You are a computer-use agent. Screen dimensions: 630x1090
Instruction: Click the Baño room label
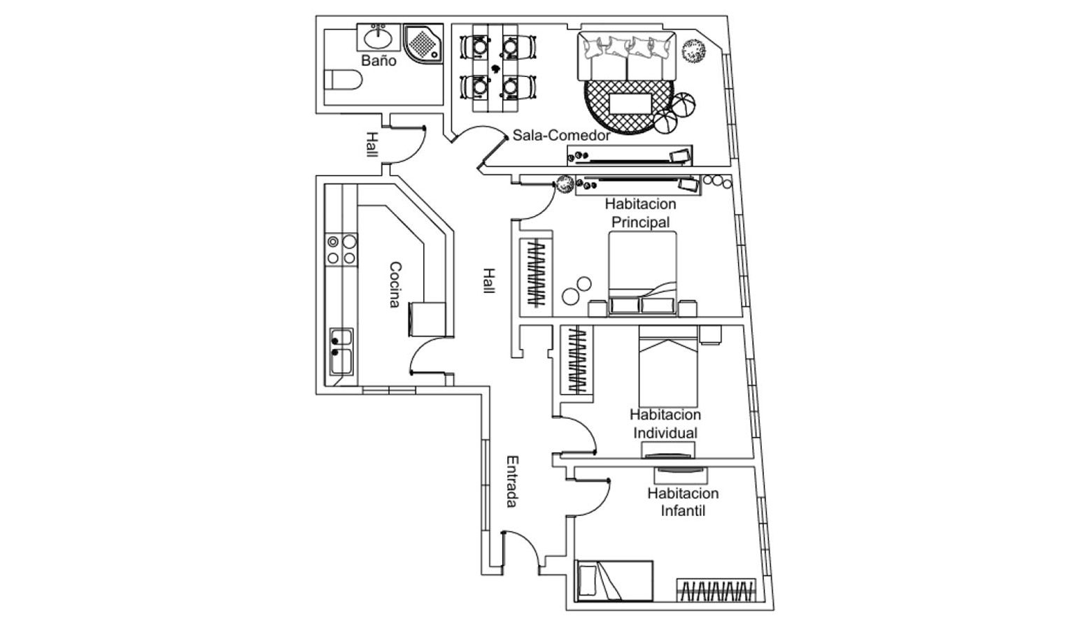pos(378,61)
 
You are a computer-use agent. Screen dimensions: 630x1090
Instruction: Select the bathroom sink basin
pos(378,35)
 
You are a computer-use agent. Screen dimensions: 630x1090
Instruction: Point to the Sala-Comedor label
pos(561,135)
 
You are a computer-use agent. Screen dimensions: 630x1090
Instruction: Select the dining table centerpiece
pos(497,69)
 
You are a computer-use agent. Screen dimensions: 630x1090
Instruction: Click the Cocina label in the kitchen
pos(395,285)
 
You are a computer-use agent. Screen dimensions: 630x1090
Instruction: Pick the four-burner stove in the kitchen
pos(341,250)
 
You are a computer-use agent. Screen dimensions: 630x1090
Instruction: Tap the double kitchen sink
pos(341,352)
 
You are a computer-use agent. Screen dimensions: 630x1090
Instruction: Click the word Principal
pos(640,222)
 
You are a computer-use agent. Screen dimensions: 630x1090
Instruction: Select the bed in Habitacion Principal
pos(642,273)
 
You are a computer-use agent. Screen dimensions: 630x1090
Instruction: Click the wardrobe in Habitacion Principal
pos(537,274)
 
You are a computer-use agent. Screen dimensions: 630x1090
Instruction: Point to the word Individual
pos(665,433)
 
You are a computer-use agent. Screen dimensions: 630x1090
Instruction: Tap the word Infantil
pos(683,511)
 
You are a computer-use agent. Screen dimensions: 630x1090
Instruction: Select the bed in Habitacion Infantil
pos(614,580)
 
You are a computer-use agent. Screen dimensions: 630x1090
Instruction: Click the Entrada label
pos(512,481)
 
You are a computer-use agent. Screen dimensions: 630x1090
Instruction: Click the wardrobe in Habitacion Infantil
pos(716,591)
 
